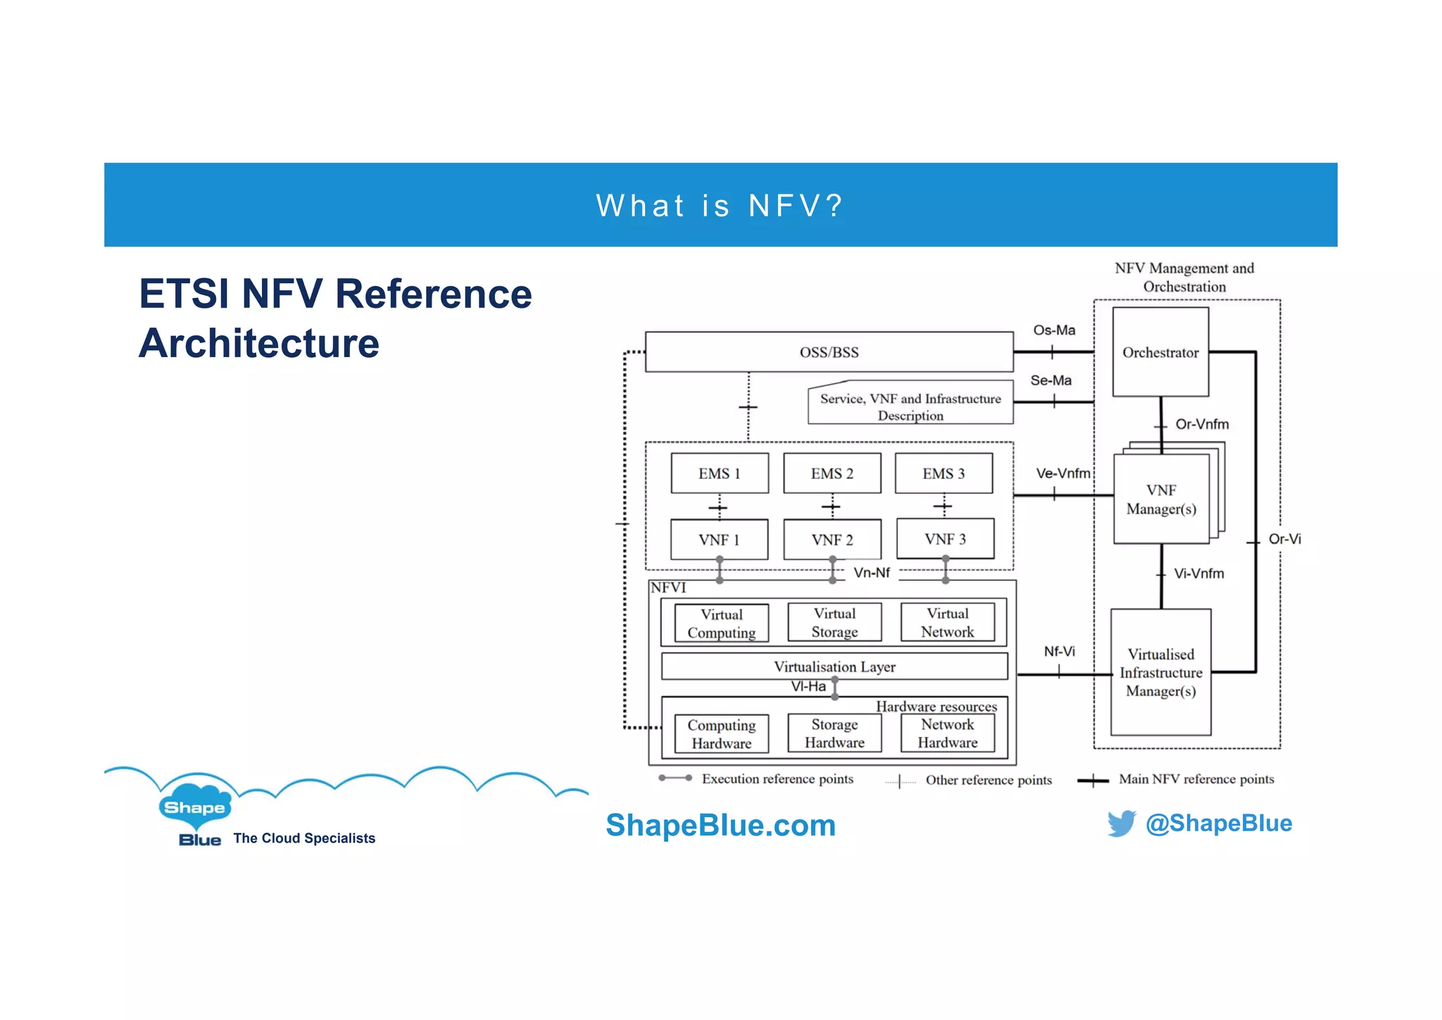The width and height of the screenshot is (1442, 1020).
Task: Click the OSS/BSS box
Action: (x=829, y=352)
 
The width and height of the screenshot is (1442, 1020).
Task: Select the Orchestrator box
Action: (x=1160, y=352)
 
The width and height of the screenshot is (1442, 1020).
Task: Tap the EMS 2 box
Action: (x=832, y=473)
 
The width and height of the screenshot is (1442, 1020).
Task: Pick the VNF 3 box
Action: (x=945, y=539)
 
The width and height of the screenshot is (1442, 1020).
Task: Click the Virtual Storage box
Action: (x=834, y=623)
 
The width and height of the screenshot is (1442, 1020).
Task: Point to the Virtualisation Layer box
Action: (x=834, y=666)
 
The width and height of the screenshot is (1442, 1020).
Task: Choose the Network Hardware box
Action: (x=948, y=733)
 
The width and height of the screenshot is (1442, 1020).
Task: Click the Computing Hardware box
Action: (x=721, y=734)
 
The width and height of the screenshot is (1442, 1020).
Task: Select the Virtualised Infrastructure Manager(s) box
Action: (x=1160, y=672)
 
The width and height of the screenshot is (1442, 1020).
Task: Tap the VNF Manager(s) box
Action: (x=1161, y=499)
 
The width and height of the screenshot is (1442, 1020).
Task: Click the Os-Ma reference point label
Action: (x=1054, y=330)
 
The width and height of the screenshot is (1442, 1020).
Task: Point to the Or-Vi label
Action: (x=1284, y=539)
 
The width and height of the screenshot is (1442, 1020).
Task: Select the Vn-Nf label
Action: (x=872, y=573)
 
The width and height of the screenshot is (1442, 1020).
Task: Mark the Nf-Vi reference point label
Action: (x=1059, y=651)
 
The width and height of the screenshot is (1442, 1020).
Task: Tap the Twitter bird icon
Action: (x=1121, y=823)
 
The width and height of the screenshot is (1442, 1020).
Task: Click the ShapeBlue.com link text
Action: (x=720, y=825)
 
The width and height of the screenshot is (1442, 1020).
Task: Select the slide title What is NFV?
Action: (x=720, y=206)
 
